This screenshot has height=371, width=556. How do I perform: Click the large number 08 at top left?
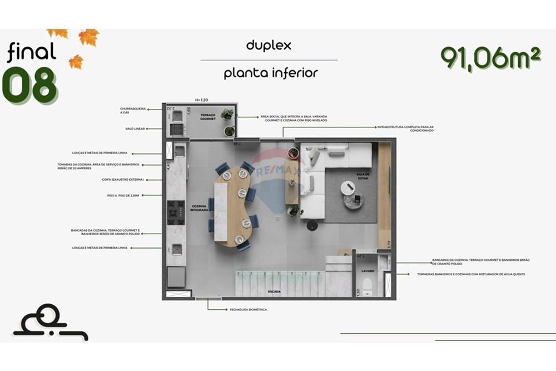(30, 85)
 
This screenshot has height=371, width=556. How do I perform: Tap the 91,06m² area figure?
(490, 57)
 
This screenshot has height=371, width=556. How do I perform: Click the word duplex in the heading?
(269, 46)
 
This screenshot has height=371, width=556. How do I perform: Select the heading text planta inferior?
(271, 73)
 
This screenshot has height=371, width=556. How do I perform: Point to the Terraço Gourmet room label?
(208, 117)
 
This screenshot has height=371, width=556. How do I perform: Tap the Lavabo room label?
(368, 271)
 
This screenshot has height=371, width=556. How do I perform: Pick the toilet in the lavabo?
(367, 286)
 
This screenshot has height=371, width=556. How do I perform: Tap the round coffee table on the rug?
(348, 188)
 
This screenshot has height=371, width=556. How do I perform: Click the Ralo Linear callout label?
(135, 128)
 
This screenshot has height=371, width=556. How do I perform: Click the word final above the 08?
(32, 52)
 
